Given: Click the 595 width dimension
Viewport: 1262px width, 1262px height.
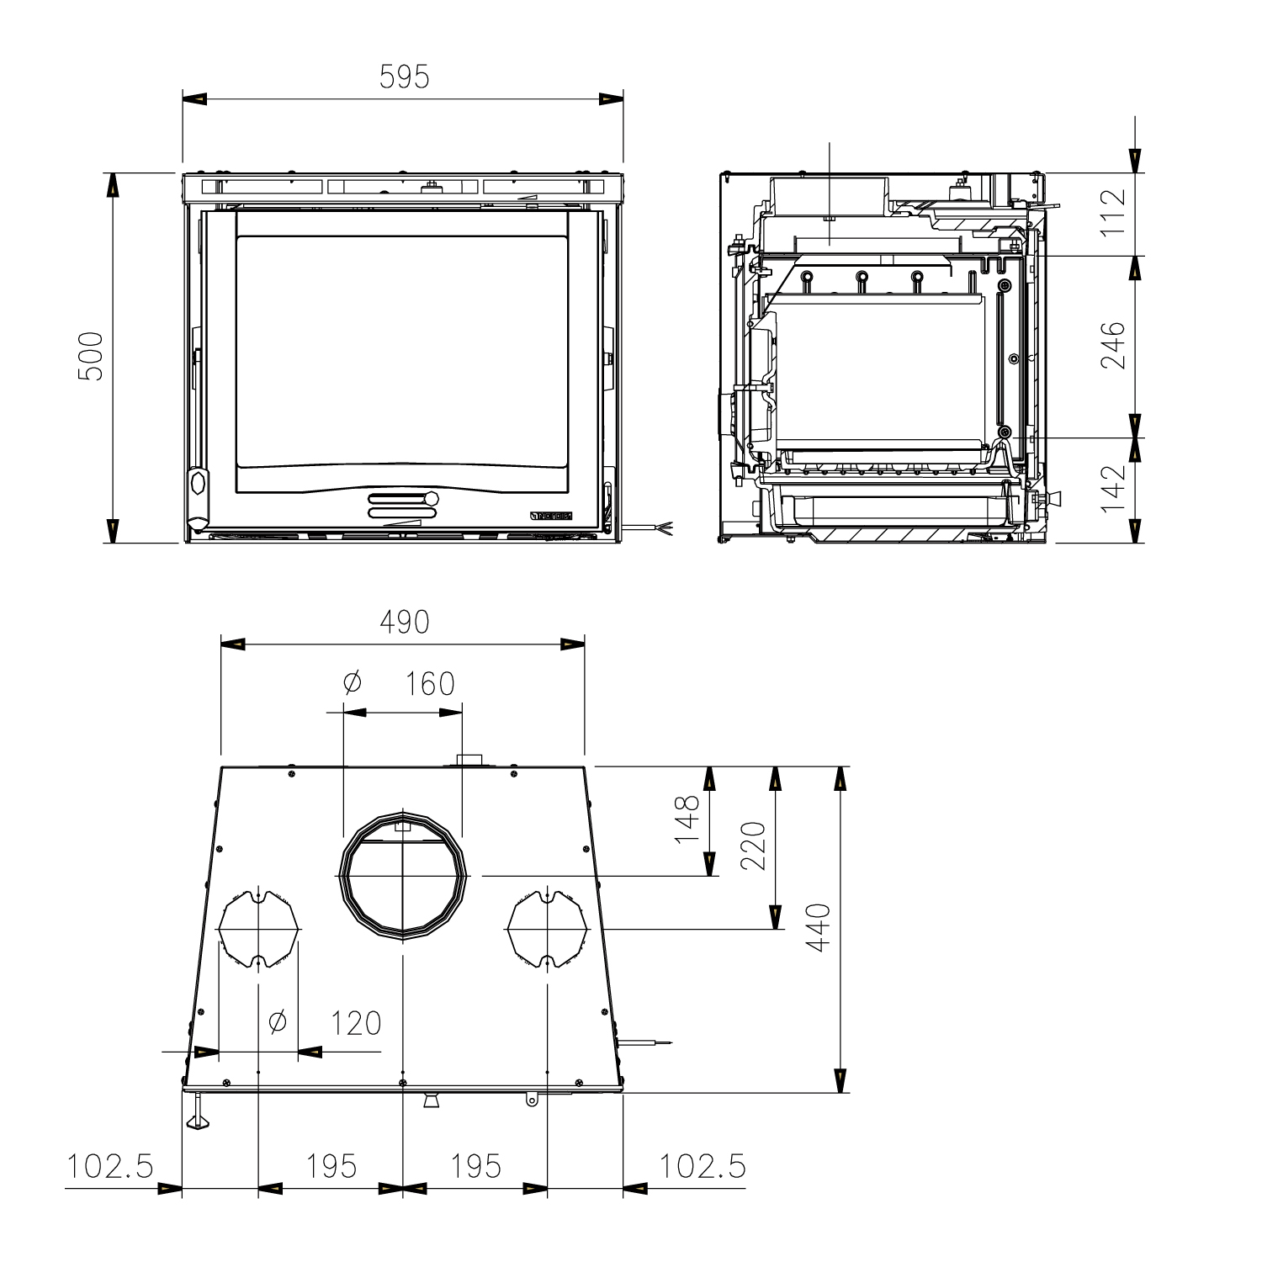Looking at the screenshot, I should click(x=404, y=77).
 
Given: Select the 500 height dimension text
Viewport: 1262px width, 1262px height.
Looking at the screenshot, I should click(x=90, y=357).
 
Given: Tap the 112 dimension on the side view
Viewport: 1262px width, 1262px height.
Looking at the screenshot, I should click(x=1112, y=213).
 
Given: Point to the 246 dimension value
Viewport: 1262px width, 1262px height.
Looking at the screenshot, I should click(x=1112, y=344).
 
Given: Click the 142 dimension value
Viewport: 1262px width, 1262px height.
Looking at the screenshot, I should click(x=1112, y=488).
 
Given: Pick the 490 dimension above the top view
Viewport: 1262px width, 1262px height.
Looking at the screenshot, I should click(x=404, y=622).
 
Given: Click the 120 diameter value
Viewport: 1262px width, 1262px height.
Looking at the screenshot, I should click(x=355, y=1023).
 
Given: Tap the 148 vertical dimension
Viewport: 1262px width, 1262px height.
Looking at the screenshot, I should click(x=687, y=819).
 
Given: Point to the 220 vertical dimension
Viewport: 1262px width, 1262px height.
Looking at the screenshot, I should click(x=753, y=846).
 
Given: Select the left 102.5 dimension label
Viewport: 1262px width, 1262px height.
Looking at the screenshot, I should click(x=110, y=1167).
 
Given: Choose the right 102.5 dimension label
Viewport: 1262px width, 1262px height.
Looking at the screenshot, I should click(x=702, y=1167).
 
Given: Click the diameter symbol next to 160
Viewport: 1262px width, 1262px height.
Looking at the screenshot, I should click(x=353, y=682).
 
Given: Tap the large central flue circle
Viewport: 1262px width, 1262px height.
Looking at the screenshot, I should click(x=402, y=875).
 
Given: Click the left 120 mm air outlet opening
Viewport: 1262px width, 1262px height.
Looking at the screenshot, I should click(x=258, y=929).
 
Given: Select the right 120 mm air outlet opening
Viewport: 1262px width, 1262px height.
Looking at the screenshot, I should click(x=547, y=929).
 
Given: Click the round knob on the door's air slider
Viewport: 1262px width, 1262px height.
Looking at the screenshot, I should click(x=432, y=498).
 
